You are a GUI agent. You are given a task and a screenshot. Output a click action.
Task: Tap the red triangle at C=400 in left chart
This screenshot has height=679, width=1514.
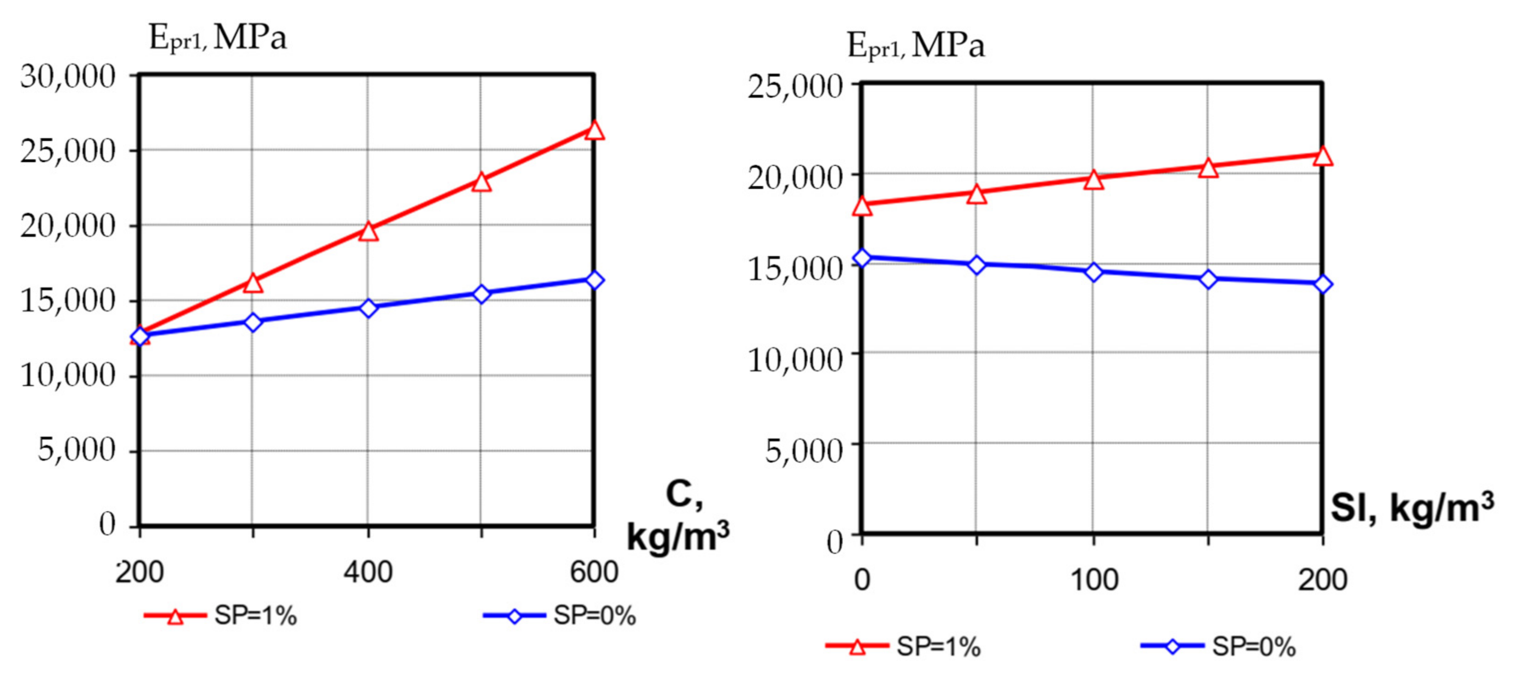(x=368, y=231)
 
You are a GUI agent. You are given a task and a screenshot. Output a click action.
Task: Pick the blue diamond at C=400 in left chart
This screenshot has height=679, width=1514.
(x=368, y=308)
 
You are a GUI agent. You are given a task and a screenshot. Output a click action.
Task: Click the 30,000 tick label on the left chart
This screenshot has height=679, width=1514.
(x=68, y=76)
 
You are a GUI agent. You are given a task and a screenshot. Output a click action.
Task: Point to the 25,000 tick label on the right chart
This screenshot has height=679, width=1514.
(x=795, y=87)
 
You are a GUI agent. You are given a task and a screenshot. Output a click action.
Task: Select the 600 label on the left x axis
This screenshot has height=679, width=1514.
(x=594, y=571)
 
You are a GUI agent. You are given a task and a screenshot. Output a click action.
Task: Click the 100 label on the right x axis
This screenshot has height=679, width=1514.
(x=1094, y=580)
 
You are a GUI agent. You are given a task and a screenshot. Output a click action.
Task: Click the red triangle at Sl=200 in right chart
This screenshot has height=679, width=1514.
(x=1323, y=156)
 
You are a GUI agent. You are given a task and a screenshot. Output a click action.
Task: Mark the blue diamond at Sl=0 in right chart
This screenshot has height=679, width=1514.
(x=862, y=258)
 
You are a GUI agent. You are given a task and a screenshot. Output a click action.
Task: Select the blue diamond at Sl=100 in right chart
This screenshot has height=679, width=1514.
(x=1094, y=272)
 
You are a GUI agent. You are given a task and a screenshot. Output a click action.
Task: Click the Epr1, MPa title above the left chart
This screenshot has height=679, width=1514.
(x=217, y=38)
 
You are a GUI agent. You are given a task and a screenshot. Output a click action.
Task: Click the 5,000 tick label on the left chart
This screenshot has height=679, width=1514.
(x=76, y=450)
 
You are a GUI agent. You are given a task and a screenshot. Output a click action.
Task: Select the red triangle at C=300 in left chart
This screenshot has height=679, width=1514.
(x=253, y=283)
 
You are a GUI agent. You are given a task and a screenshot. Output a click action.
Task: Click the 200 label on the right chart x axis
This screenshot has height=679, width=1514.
(x=1323, y=580)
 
